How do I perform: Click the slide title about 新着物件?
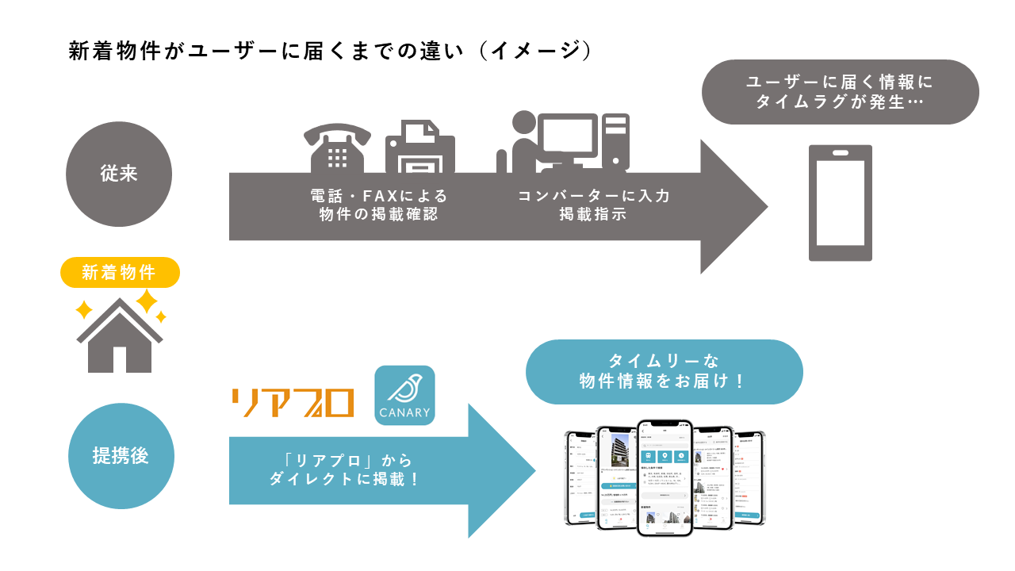[x=330, y=51]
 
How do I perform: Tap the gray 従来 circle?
[x=119, y=174]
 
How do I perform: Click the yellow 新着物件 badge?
[x=121, y=273]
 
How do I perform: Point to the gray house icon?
[x=120, y=337]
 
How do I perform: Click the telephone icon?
[x=337, y=148]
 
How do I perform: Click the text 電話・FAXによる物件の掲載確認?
[x=379, y=205]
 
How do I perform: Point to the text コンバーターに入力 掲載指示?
[x=594, y=205]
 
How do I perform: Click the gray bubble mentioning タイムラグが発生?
[x=840, y=92]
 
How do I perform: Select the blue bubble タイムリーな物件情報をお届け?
[x=664, y=371]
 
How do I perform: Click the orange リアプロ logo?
[x=293, y=402]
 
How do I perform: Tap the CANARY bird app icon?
[x=404, y=395]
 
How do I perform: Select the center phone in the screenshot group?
[x=665, y=477]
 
